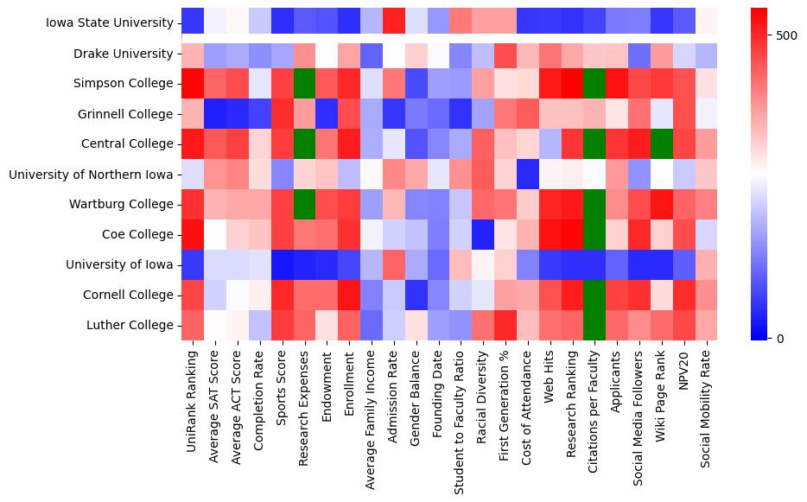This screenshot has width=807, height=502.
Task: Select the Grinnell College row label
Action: [124, 114]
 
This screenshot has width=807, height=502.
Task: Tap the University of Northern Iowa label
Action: [91, 175]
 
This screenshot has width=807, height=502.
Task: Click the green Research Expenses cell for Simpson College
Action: [304, 84]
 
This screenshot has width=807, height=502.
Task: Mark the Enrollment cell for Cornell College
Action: [349, 295]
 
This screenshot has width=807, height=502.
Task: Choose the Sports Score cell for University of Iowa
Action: [282, 264]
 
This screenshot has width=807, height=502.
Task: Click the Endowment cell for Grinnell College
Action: [327, 114]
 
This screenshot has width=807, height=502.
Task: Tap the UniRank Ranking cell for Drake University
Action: [192, 54]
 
